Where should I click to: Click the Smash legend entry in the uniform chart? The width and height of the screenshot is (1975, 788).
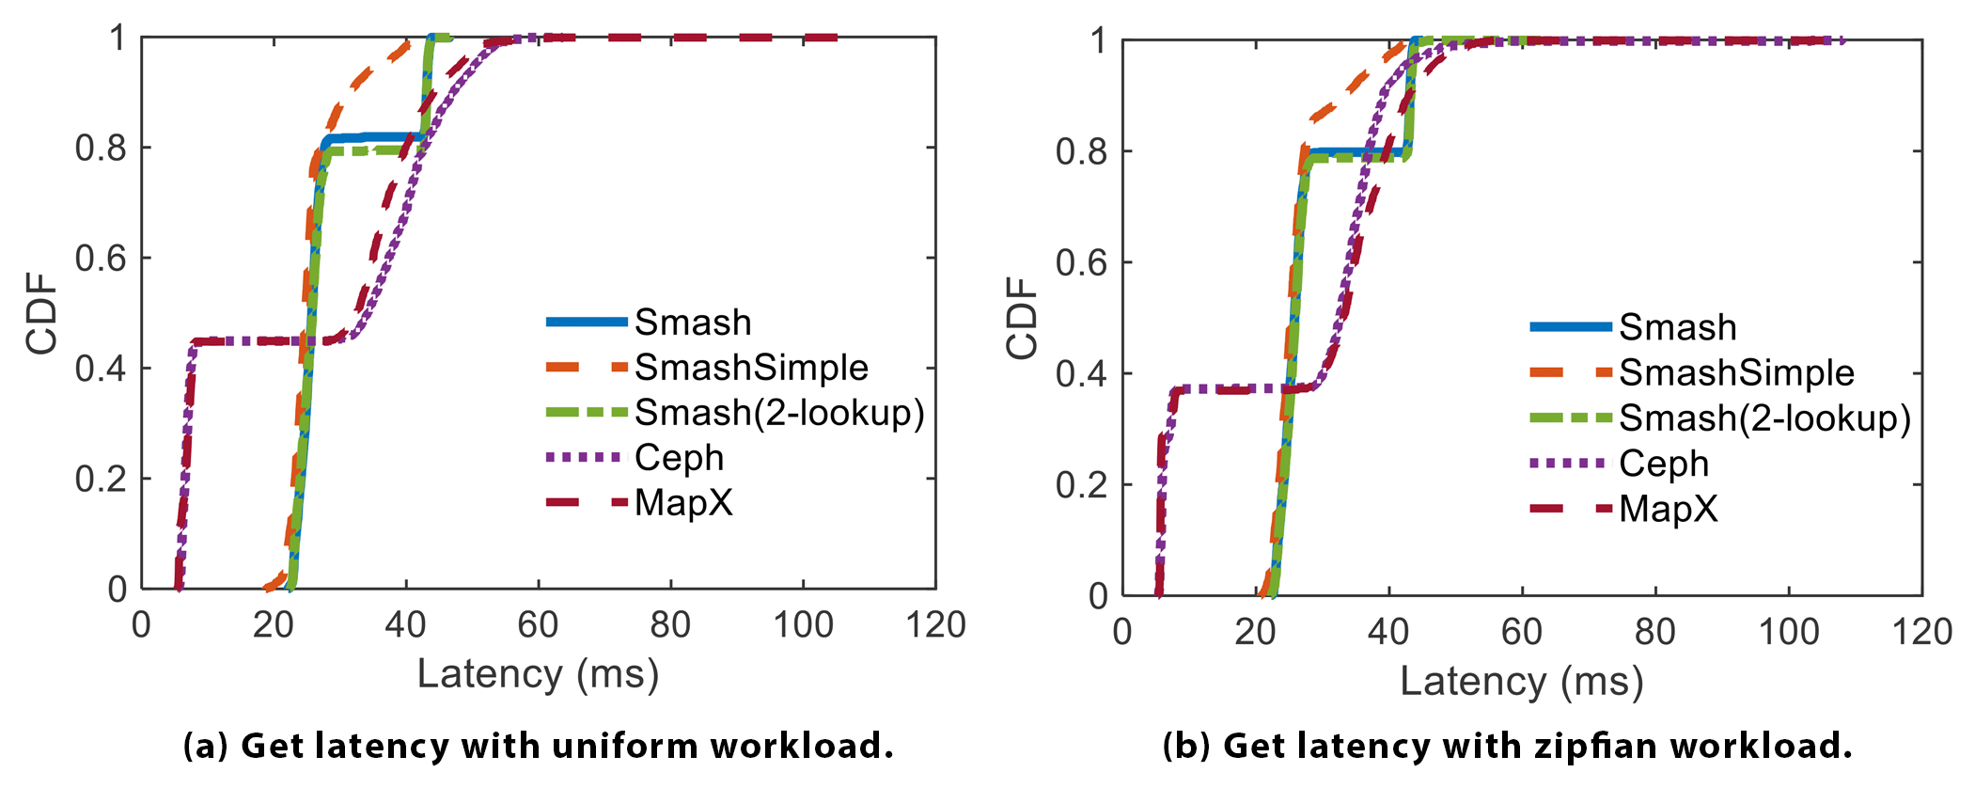click(692, 323)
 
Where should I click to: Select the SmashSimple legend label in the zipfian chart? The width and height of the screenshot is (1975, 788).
click(1735, 373)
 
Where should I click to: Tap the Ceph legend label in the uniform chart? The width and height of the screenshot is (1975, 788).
click(679, 458)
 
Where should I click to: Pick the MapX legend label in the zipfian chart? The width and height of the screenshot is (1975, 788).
click(1668, 509)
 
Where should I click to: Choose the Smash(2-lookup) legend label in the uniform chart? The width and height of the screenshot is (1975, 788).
click(779, 413)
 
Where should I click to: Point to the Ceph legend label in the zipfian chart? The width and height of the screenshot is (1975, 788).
click(1663, 464)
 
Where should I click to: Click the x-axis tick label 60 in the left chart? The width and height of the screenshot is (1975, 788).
click(538, 625)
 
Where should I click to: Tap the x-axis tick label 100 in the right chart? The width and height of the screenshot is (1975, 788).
click(1788, 632)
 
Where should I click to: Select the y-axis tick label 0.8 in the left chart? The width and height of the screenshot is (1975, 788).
click(101, 148)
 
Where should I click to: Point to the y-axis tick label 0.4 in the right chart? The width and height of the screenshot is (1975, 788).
click(1081, 374)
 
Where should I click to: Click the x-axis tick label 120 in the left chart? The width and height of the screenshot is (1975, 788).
click(935, 625)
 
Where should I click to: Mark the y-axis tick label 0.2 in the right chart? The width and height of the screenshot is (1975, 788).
click(1081, 485)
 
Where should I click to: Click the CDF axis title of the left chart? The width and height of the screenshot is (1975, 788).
click(42, 313)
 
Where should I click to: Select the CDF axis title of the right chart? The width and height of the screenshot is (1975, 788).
click(1023, 318)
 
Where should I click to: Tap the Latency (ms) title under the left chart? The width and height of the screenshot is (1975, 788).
click(538, 674)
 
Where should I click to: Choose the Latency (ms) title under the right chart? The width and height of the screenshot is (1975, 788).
click(1521, 681)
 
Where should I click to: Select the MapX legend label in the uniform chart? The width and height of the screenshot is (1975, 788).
click(683, 503)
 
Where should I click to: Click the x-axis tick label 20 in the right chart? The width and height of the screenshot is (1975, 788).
click(1255, 632)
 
